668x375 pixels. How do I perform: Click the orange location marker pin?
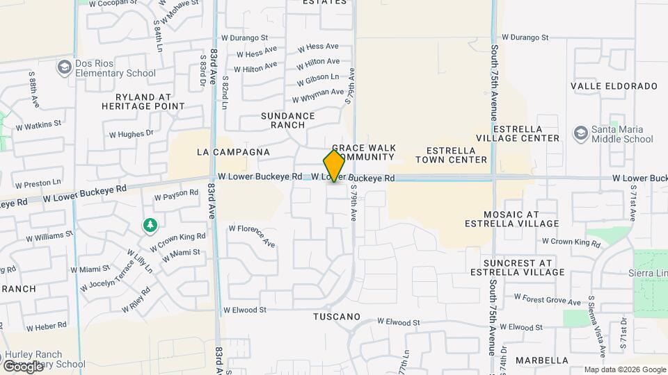335,165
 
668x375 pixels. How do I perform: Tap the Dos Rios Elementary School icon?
65,67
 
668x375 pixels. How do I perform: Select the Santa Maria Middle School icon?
580,133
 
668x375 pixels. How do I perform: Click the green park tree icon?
149,225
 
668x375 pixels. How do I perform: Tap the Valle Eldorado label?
614,86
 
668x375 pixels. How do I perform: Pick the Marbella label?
542,360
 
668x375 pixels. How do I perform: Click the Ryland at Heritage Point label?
143,101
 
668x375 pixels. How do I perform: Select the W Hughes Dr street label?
131,133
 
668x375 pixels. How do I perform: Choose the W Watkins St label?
38,126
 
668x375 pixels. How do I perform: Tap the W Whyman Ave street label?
318,95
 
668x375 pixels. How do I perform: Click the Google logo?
24,366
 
